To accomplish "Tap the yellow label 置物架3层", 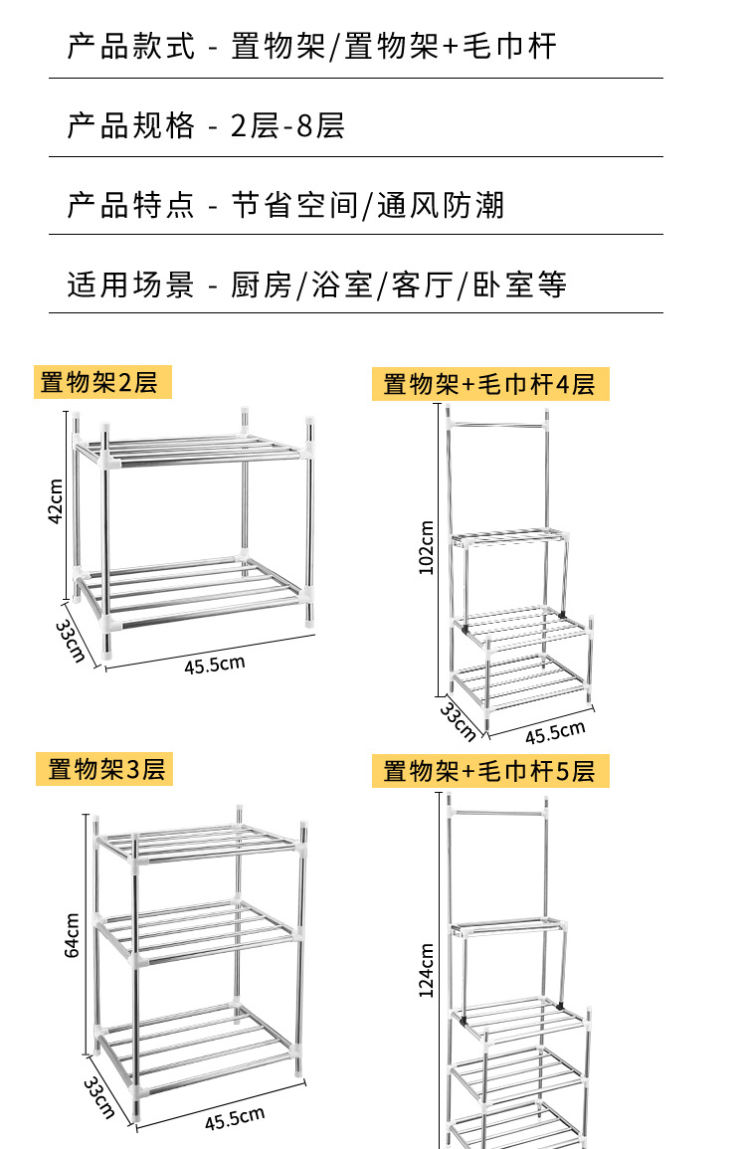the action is (105, 768).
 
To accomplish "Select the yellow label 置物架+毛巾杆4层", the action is (489, 384).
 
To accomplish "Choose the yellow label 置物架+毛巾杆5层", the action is (489, 771).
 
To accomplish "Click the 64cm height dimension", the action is (72, 936).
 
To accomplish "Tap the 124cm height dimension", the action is (427, 971).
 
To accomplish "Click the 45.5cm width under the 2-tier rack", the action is (214, 665).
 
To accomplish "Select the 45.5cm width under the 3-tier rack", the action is (235, 1118).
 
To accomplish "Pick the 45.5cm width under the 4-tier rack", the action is (555, 733).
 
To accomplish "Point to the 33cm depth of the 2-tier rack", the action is (71, 642).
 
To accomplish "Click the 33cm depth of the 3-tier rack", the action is (99, 1097).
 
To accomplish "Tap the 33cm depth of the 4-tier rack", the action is (459, 721).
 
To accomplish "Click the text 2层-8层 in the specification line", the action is (287, 126).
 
